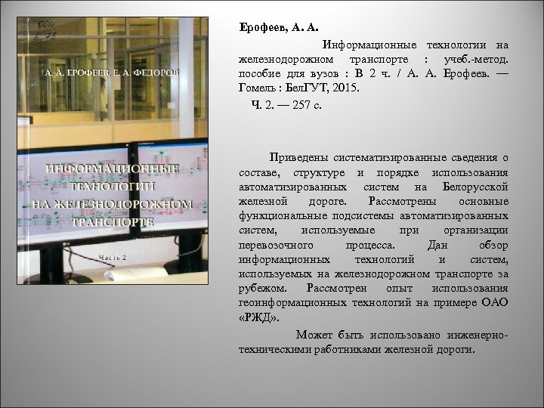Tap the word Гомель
255,89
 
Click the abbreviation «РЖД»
254,318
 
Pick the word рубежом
261,289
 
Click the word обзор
492,245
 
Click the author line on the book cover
111,73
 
